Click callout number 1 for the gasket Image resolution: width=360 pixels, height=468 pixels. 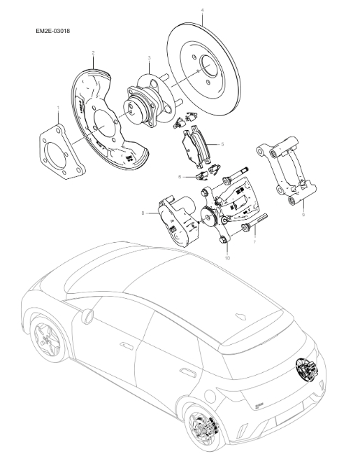(x=57, y=107)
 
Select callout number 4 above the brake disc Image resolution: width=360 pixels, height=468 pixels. (x=202, y=10)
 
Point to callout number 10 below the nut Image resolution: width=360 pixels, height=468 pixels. (x=226, y=257)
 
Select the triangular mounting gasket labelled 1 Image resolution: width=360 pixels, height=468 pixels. (x=62, y=150)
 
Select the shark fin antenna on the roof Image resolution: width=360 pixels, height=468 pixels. (x=243, y=315)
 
